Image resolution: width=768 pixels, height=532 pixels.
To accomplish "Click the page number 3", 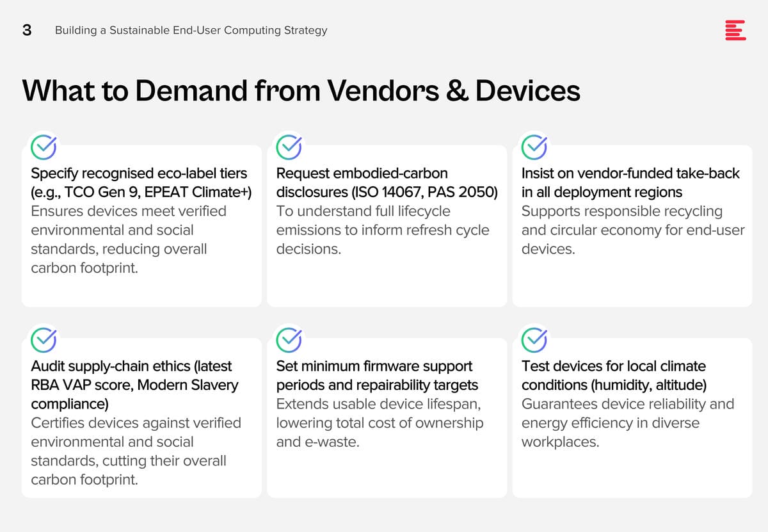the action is click(x=27, y=30).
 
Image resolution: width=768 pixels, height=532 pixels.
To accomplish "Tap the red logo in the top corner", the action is click(x=735, y=30).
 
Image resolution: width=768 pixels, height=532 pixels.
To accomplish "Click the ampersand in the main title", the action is click(x=458, y=91).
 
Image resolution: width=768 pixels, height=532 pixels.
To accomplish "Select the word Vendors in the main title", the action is click(x=383, y=91).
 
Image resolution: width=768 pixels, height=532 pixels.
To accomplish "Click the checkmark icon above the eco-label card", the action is click(x=44, y=147).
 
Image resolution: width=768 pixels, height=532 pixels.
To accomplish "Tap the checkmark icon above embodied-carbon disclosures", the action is click(x=289, y=147).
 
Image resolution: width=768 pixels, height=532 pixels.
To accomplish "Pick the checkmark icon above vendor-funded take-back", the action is click(x=534, y=147).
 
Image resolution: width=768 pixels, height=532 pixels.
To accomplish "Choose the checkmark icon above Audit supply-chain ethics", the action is click(x=44, y=340).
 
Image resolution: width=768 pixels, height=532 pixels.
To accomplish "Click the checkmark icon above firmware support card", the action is click(x=289, y=340).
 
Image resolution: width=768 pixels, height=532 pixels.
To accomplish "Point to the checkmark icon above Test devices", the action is click(x=534, y=340).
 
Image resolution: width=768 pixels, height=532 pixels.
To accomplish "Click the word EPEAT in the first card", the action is click(x=166, y=192).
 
